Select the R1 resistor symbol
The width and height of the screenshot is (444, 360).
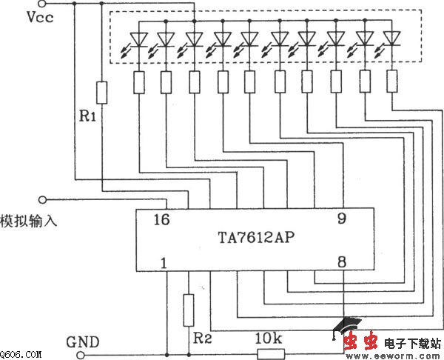(x=102, y=93)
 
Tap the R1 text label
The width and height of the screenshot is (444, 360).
(x=88, y=116)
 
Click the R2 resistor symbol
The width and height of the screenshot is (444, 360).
(x=189, y=305)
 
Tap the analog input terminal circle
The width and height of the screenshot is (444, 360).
(x=43, y=199)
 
